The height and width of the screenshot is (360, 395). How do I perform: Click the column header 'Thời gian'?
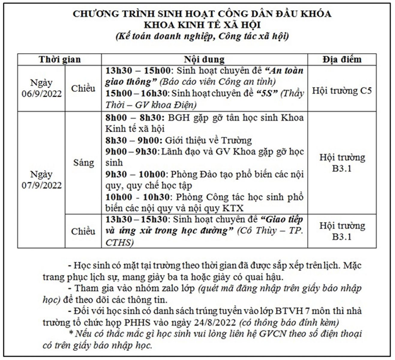[59, 59]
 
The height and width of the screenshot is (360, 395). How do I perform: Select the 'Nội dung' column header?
[204, 59]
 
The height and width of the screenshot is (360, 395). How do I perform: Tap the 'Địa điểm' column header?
[342, 59]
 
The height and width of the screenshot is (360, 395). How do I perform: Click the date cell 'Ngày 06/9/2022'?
[41, 88]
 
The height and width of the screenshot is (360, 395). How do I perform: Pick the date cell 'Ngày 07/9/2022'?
[41, 180]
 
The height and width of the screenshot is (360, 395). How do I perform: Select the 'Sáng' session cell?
[83, 163]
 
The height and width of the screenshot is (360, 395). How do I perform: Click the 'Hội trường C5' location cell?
[342, 91]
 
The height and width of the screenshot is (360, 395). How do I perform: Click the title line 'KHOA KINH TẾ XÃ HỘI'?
[202, 25]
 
